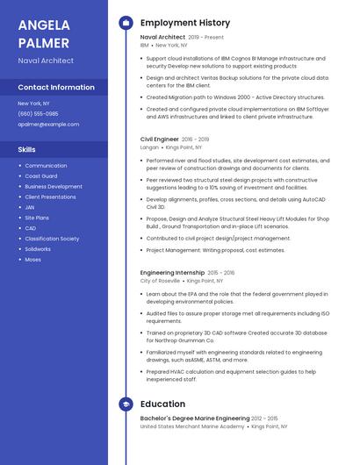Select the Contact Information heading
pos(56,88)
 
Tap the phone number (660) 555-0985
pos(38,113)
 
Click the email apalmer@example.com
pos(48,124)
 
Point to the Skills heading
pos(26,149)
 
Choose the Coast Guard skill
pos(40,176)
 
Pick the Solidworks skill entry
pos(38,249)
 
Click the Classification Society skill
pos(52,239)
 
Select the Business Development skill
pos(54,187)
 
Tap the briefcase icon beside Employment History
pos(126,23)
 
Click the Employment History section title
pos(184,23)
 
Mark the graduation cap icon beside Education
pos(126,404)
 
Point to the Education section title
pos(162,404)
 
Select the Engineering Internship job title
pos(172,273)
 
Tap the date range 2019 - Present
pos(206,38)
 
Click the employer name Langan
pos(149,147)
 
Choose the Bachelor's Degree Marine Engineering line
pos(195,418)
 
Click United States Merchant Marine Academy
pos(192,426)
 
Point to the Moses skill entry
pos(32,260)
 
